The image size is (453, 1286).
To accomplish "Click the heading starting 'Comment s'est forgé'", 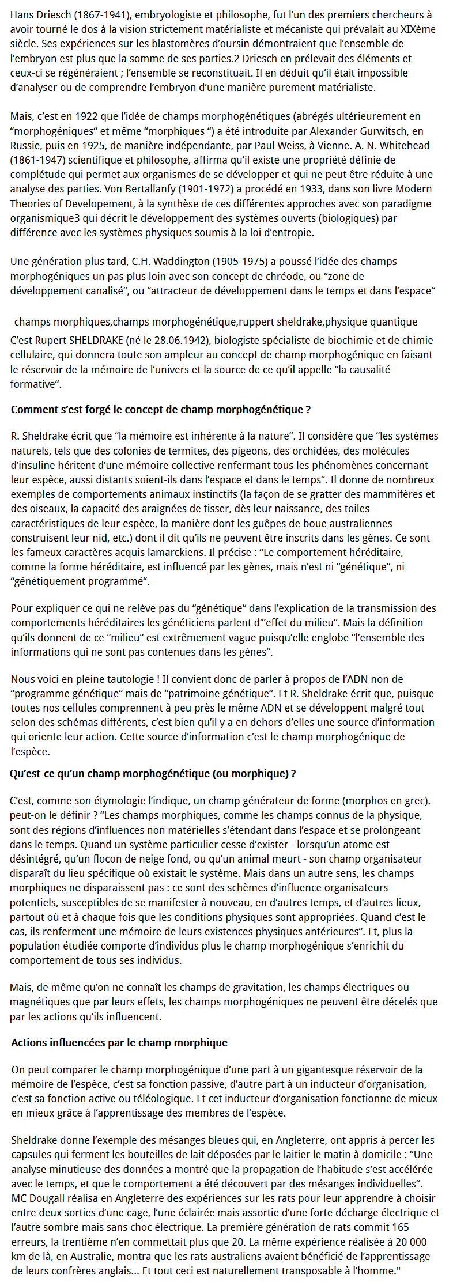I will (x=161, y=410).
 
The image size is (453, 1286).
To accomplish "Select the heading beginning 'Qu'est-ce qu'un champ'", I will (x=153, y=774).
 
